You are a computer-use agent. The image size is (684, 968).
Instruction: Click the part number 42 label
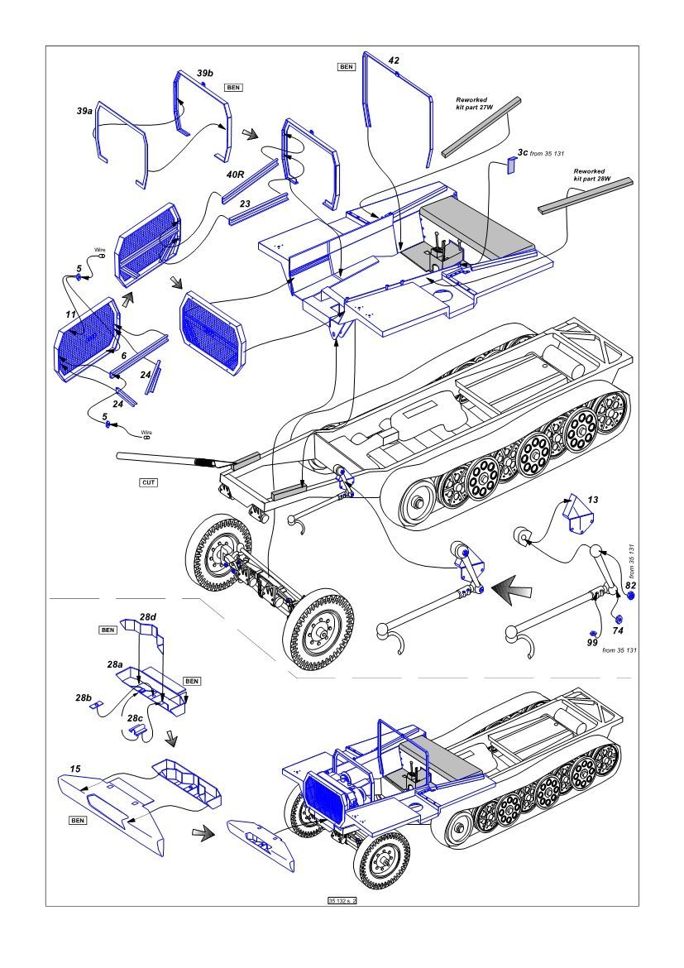click(x=394, y=60)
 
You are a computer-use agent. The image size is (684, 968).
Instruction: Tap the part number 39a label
click(x=84, y=110)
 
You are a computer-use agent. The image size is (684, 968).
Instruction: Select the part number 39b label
click(x=204, y=74)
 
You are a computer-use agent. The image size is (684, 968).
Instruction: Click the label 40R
click(x=236, y=175)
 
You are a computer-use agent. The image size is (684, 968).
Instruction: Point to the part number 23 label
click(x=245, y=203)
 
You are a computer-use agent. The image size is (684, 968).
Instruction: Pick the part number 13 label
click(x=593, y=501)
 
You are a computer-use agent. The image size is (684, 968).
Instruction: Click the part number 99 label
click(x=591, y=642)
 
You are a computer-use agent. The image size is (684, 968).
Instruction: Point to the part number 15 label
click(x=75, y=769)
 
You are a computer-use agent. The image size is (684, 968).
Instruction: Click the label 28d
click(x=147, y=617)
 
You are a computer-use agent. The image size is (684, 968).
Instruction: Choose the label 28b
click(x=83, y=698)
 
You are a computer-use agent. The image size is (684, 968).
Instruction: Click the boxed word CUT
click(x=149, y=482)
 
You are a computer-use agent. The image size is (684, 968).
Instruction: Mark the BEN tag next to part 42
click(x=346, y=66)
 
